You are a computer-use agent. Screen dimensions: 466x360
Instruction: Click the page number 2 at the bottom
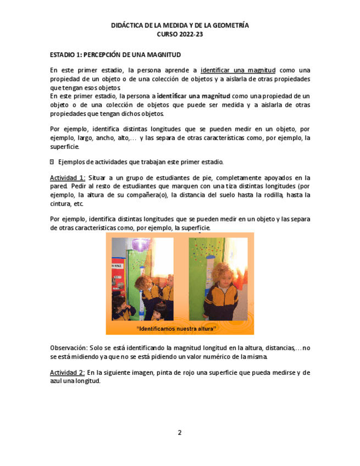click(179, 432)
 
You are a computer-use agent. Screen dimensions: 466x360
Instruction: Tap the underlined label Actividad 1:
click(67, 178)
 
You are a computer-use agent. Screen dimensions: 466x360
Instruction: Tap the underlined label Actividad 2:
click(67, 373)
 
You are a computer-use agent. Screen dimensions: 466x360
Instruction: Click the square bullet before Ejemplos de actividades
click(52, 162)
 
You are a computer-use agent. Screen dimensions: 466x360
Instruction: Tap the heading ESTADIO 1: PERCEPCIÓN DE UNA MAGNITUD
click(115, 55)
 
